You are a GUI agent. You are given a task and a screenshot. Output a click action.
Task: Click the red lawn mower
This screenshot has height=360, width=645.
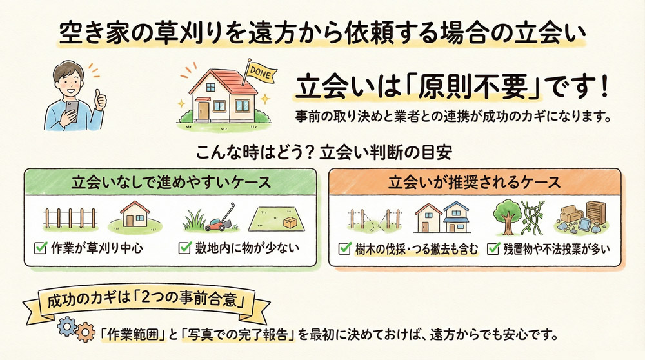point(217,222)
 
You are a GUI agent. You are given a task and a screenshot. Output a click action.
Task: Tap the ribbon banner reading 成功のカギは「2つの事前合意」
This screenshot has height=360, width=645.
point(146,301)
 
